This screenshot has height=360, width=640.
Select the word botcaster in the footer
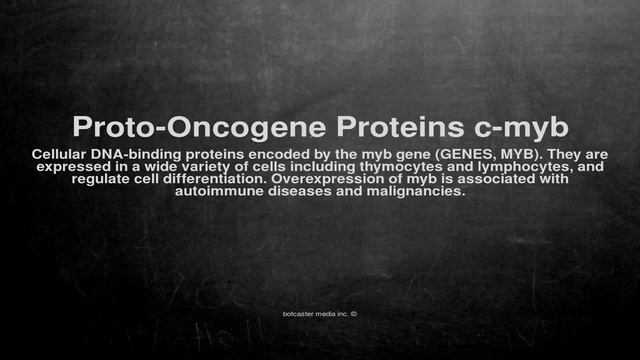click(x=301, y=312)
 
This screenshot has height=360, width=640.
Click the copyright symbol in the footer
click(x=354, y=312)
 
